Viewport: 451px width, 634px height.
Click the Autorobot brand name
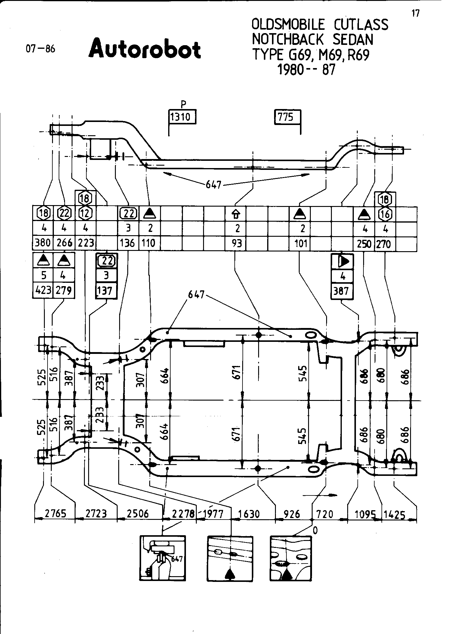[x=145, y=48]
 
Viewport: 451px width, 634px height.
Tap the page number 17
[x=415, y=14]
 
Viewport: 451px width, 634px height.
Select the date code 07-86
[x=41, y=49]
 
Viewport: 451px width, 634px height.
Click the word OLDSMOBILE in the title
[x=288, y=25]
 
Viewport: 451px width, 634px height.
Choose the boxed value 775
[x=286, y=117]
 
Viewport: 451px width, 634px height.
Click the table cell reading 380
[x=43, y=243]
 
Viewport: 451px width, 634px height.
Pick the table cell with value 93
[x=237, y=243]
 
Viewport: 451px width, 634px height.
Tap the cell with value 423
[x=43, y=291]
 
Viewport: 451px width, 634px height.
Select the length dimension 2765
[x=55, y=514]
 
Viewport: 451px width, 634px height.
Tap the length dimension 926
[x=292, y=514]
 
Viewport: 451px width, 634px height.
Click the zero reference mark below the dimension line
[x=315, y=531]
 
